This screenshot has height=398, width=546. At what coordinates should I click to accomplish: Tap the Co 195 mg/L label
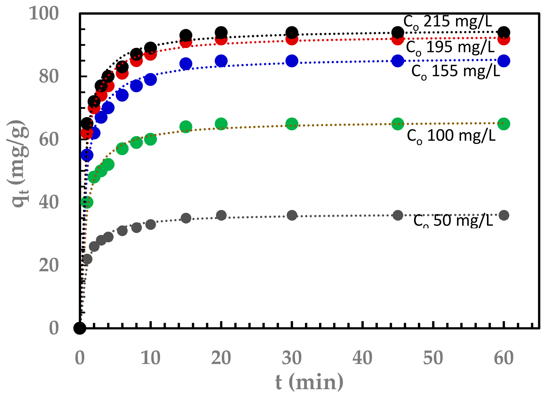(450, 47)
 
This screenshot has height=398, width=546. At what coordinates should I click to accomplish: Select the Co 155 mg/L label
(456, 72)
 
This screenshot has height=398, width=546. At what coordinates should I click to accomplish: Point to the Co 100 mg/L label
(451, 136)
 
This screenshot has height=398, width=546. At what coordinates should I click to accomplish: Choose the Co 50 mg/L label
(453, 220)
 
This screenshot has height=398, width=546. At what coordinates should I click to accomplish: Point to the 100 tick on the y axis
(44, 13)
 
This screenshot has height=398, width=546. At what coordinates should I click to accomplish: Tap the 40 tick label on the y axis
(48, 202)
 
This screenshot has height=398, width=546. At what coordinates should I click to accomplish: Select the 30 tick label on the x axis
(292, 358)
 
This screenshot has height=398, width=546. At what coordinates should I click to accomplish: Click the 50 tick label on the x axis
(433, 358)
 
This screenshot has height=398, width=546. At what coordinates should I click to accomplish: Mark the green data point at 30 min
(292, 124)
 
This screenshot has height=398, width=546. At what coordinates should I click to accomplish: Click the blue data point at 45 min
(398, 61)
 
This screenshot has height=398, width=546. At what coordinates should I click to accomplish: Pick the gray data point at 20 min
(221, 216)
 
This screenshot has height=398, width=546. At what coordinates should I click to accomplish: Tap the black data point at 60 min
(503, 32)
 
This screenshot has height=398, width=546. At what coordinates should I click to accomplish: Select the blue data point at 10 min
(151, 79)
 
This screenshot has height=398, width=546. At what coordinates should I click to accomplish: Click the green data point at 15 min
(186, 127)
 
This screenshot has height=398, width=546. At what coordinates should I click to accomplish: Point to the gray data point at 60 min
(503, 215)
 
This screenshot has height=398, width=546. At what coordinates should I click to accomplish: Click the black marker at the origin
(80, 328)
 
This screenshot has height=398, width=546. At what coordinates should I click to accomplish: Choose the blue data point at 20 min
(221, 61)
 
